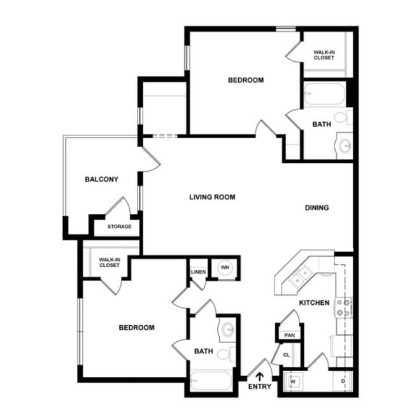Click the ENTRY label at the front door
pyautogui.click(x=260, y=386)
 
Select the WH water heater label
pyautogui.click(x=225, y=267)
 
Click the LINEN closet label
pyautogui.click(x=198, y=272)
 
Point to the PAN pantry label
pyautogui.click(x=289, y=335)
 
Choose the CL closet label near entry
pyautogui.click(x=287, y=355)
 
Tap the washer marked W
pyautogui.click(x=294, y=382)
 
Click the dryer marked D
pyautogui.click(x=343, y=382)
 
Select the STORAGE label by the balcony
pyautogui.click(x=119, y=227)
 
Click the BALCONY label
pyautogui.click(x=101, y=179)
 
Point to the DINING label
pyautogui.click(x=317, y=207)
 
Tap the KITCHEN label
pyautogui.click(x=314, y=303)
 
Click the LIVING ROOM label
pyautogui.click(x=212, y=197)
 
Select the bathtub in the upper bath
pyautogui.click(x=324, y=96)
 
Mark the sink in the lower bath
pyautogui.click(x=227, y=329)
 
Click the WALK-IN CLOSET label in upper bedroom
pyautogui.click(x=324, y=54)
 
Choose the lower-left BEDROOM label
pyautogui.click(x=137, y=328)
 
